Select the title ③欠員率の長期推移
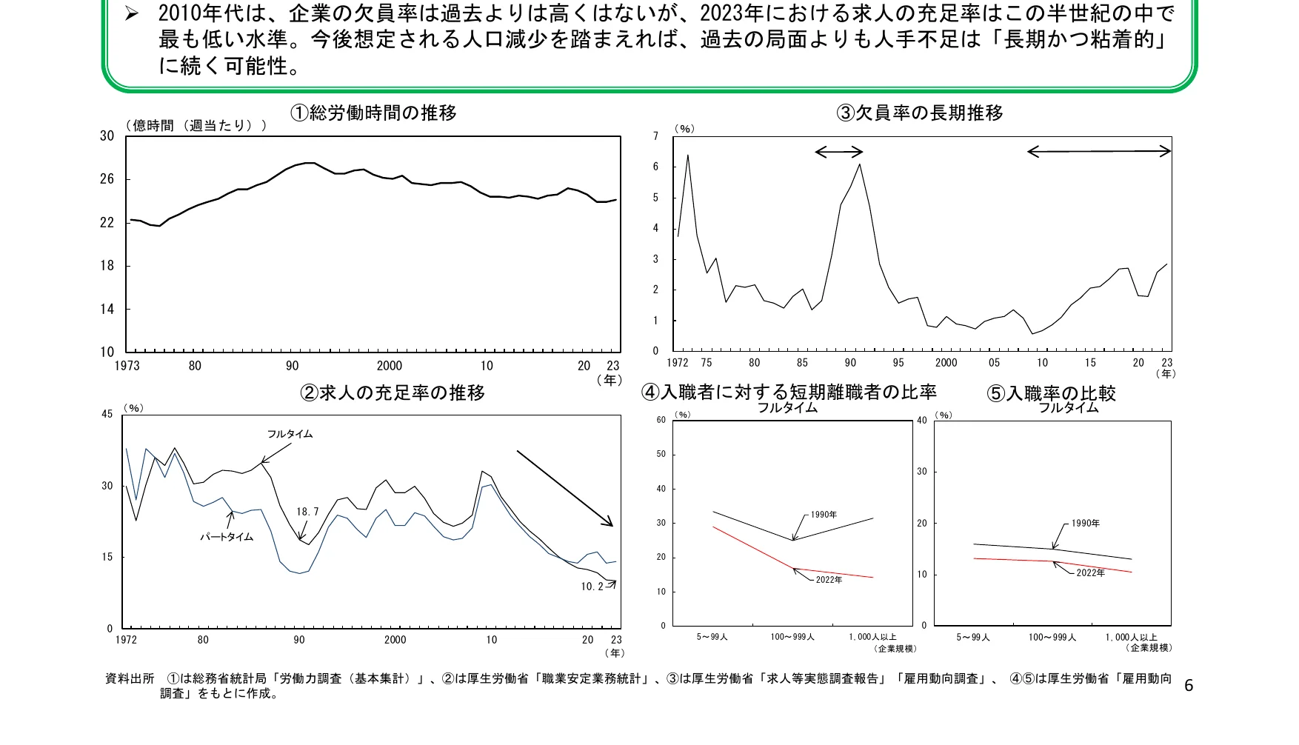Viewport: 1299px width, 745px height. click(x=920, y=113)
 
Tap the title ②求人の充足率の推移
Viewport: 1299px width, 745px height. click(x=393, y=393)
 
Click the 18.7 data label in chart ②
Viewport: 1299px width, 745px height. click(x=307, y=512)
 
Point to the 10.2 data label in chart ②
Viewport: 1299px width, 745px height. click(x=592, y=587)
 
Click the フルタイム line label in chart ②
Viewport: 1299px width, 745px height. click(x=290, y=434)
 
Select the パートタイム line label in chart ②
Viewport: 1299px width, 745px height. click(x=227, y=537)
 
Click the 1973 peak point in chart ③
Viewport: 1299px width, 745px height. click(x=687, y=156)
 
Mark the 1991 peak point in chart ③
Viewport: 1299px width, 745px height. click(x=859, y=164)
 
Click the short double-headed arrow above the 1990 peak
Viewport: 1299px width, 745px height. click(x=839, y=153)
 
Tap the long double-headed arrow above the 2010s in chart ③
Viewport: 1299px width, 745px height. click(x=1099, y=152)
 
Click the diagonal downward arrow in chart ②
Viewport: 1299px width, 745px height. click(x=565, y=489)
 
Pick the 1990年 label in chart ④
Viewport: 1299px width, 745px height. click(x=824, y=515)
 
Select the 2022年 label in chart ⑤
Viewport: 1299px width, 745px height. click(x=1090, y=573)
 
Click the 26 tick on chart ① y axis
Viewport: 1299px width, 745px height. click(x=107, y=179)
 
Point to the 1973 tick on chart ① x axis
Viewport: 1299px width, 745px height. click(x=127, y=366)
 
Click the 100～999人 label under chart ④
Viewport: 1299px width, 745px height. click(x=792, y=637)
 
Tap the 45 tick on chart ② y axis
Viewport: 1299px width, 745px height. click(x=107, y=414)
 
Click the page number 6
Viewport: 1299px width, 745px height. click(x=1189, y=685)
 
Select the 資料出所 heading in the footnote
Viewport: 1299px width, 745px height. click(x=130, y=678)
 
